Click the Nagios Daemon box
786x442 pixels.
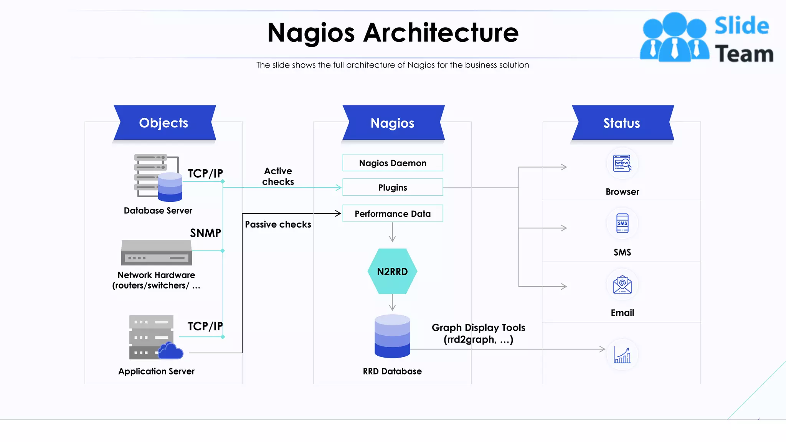(392, 163)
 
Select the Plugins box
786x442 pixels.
(392, 188)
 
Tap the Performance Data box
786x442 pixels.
(392, 214)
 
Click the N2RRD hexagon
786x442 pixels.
(392, 271)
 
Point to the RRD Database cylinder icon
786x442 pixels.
(392, 336)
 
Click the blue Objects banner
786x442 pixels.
(164, 123)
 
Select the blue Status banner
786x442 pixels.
(622, 123)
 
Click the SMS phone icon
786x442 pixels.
(622, 223)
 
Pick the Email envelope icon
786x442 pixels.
(622, 285)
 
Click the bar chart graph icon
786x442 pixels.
(622, 355)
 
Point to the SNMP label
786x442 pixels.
(206, 233)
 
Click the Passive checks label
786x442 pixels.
(278, 224)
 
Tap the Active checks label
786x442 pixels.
(278, 176)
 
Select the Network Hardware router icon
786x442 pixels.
(157, 252)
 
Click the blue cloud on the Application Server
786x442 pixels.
(170, 351)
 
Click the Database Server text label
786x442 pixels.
(158, 211)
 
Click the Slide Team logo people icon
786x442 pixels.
(674, 38)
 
